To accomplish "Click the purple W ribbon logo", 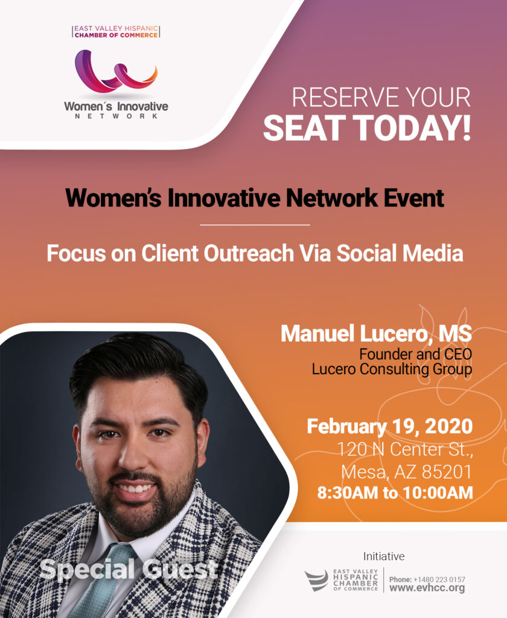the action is (116, 72).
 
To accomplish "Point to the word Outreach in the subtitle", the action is (249, 253).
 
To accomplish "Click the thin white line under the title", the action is (255, 225).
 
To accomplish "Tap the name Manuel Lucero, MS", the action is (376, 333).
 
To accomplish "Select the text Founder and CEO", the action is (415, 354).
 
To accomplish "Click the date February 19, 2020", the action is (389, 426).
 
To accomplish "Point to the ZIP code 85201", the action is (447, 472).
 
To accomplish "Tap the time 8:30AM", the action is (347, 492).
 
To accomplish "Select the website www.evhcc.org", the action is (427, 588).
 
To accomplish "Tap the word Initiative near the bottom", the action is (384, 556).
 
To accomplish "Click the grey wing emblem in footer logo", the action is (316, 580).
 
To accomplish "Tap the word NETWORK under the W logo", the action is (116, 116).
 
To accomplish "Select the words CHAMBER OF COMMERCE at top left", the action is (116, 35).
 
